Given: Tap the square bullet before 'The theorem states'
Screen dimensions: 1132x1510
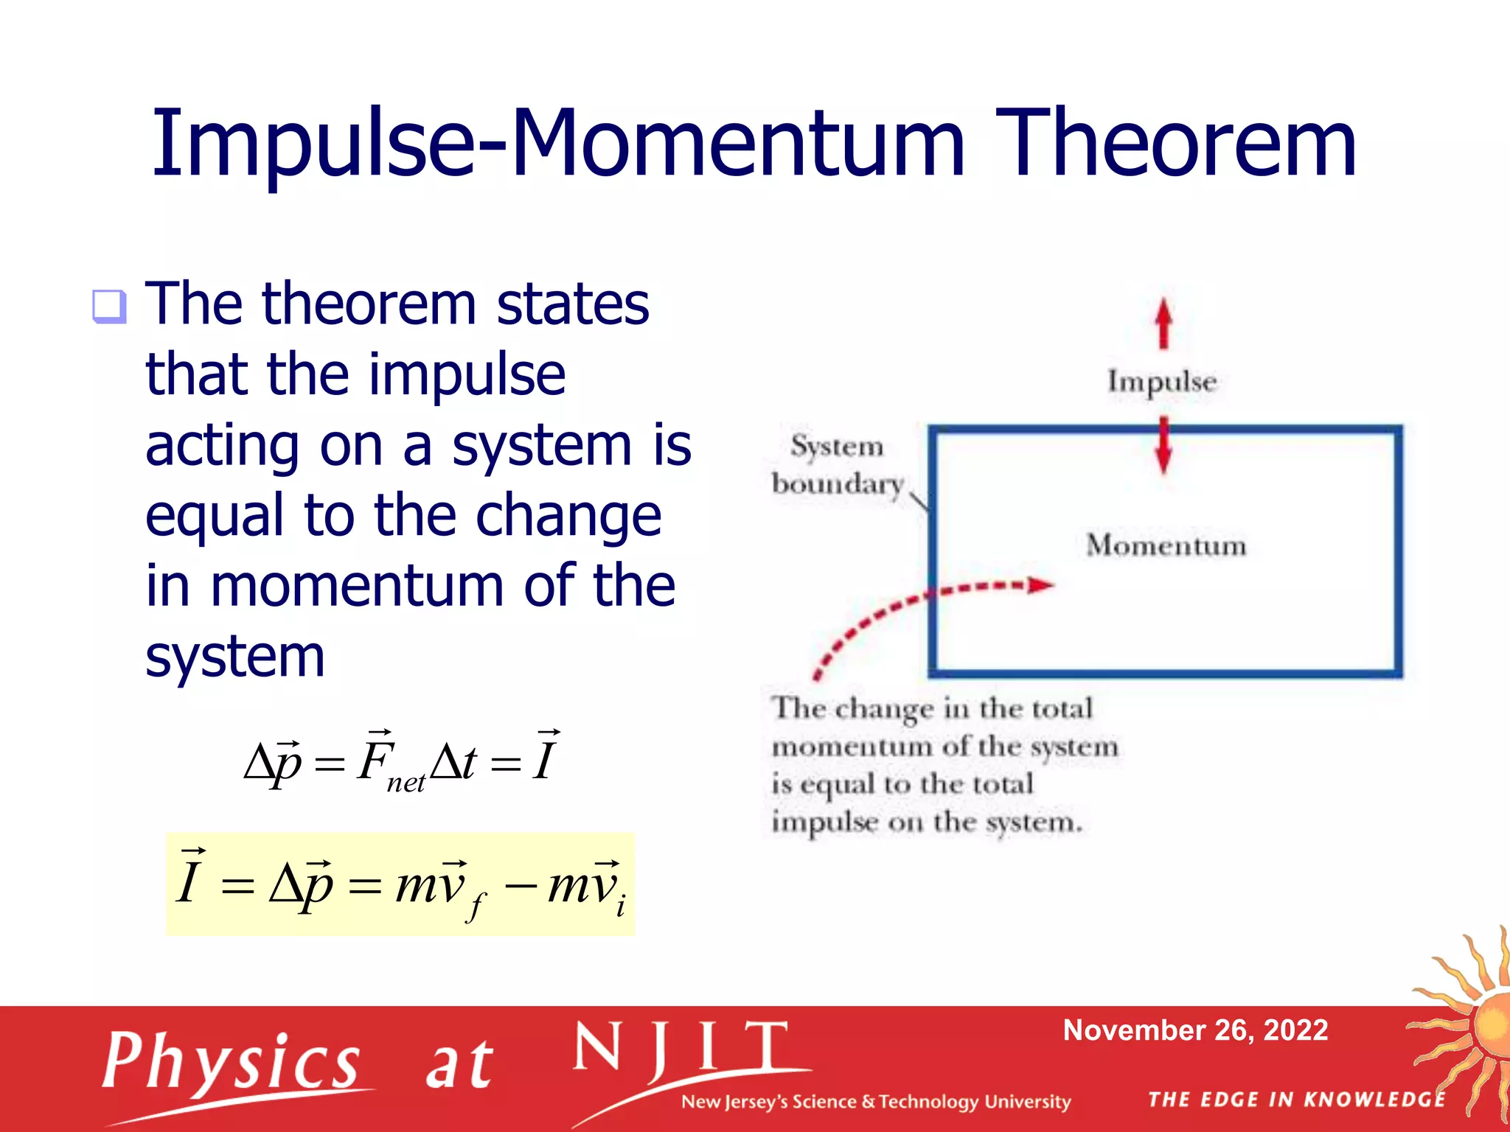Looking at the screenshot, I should pos(109,306).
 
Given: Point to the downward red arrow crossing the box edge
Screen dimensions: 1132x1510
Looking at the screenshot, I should pos(1163,445).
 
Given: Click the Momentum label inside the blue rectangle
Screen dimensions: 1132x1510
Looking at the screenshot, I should pos(1166,545).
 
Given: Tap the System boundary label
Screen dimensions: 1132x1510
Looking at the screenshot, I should pos(838,464).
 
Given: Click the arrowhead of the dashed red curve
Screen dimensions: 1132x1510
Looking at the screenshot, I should pos(1040,585).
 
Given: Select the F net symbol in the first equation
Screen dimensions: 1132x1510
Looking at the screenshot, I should pos(387,763).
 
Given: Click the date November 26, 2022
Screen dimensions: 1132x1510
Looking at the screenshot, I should pos(1194,1030).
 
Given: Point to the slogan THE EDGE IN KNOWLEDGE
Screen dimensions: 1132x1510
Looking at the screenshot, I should pos(1296,1100).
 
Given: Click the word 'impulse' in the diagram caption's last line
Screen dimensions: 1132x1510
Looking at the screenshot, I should pos(824,822).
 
